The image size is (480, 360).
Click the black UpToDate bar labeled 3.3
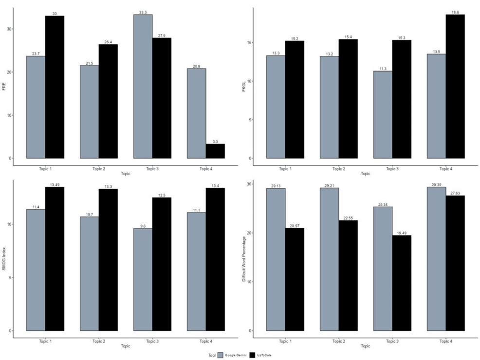click(215, 151)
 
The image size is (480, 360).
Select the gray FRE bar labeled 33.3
click(143, 86)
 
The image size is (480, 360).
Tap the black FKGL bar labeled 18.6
click(455, 86)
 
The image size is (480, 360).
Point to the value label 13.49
click(55, 184)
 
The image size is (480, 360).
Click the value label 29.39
click(436, 184)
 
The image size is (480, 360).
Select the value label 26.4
click(109, 42)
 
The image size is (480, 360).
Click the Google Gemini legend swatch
click(220, 355)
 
